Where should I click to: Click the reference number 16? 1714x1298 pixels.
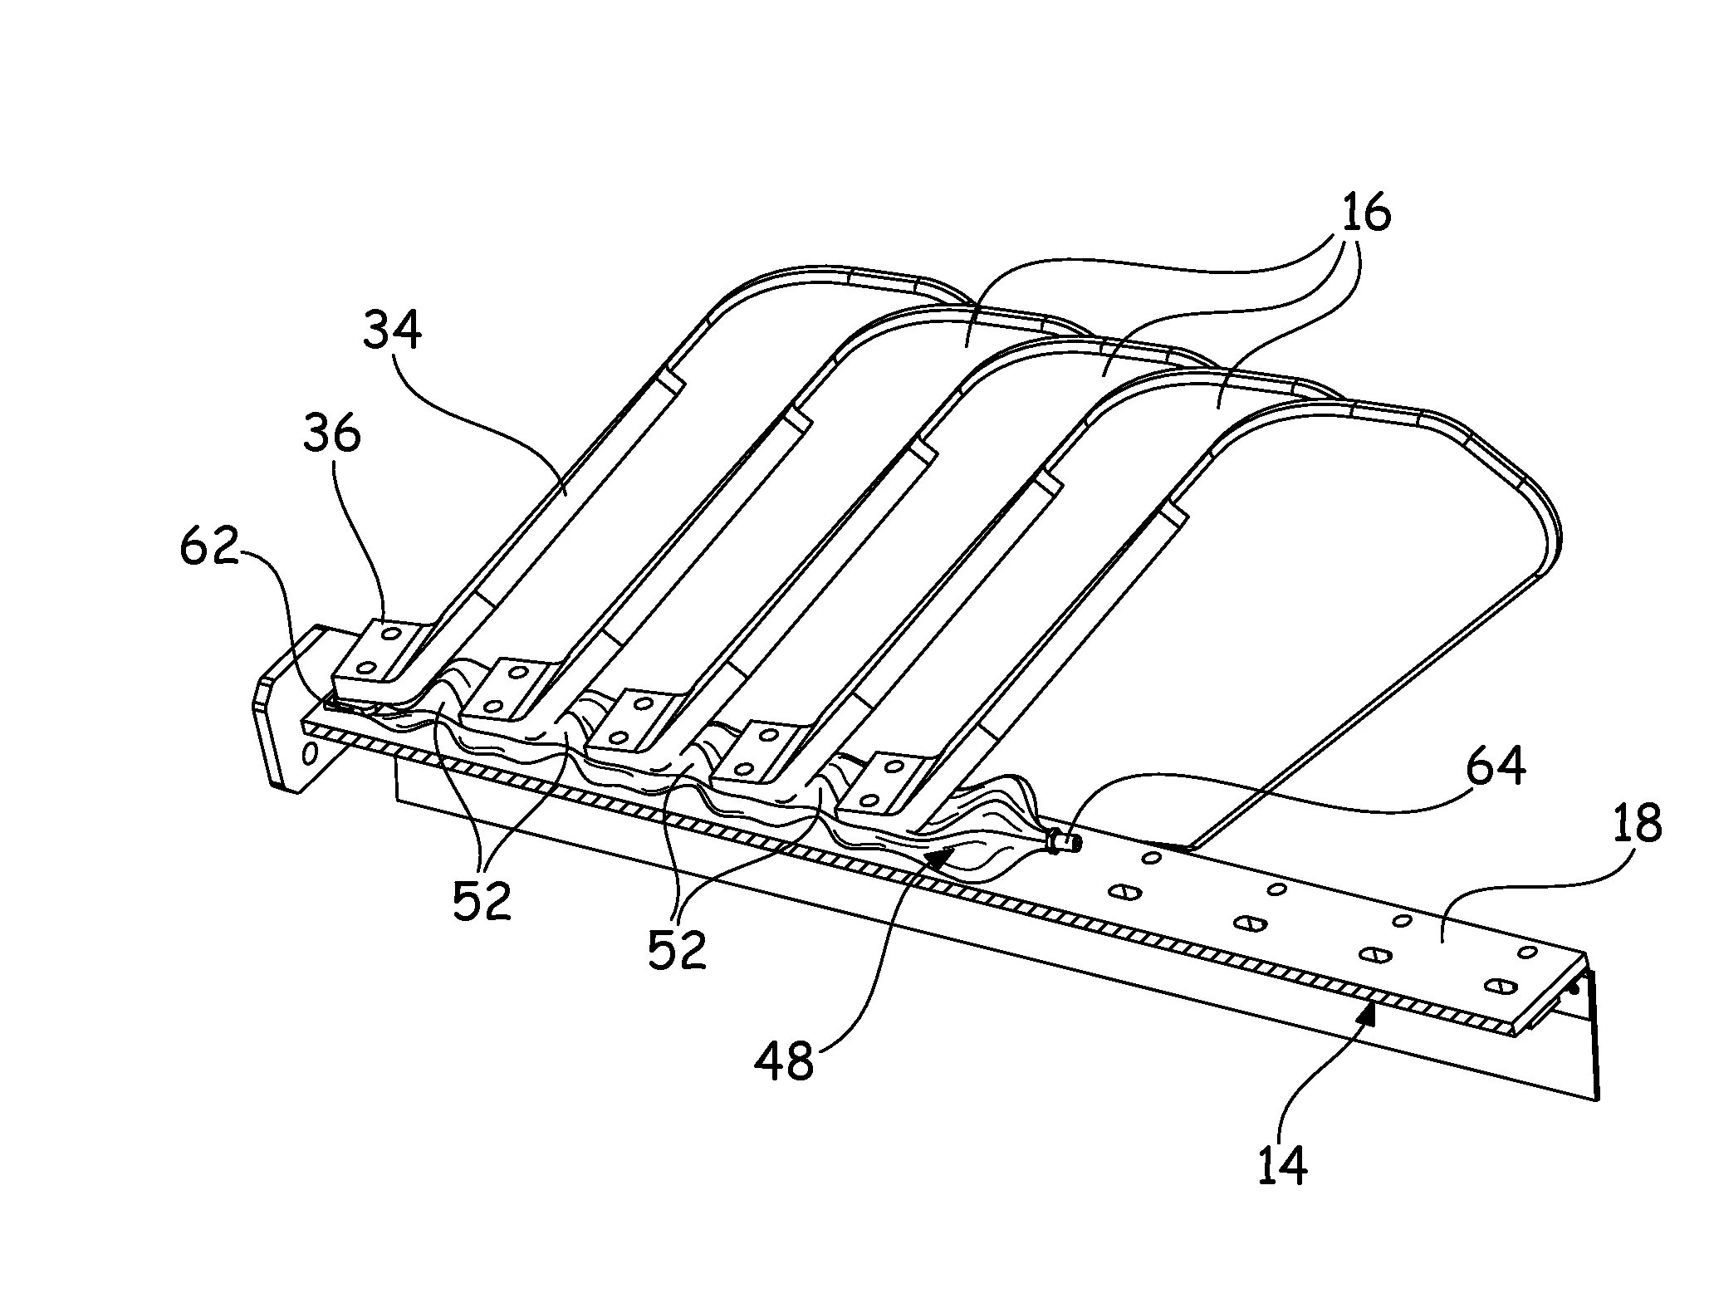(x=1366, y=214)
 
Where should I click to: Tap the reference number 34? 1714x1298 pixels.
(x=391, y=330)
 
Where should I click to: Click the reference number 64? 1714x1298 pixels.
(x=1495, y=767)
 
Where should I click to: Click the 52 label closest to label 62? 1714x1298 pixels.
(x=482, y=902)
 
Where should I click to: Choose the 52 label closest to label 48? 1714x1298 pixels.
(x=677, y=950)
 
